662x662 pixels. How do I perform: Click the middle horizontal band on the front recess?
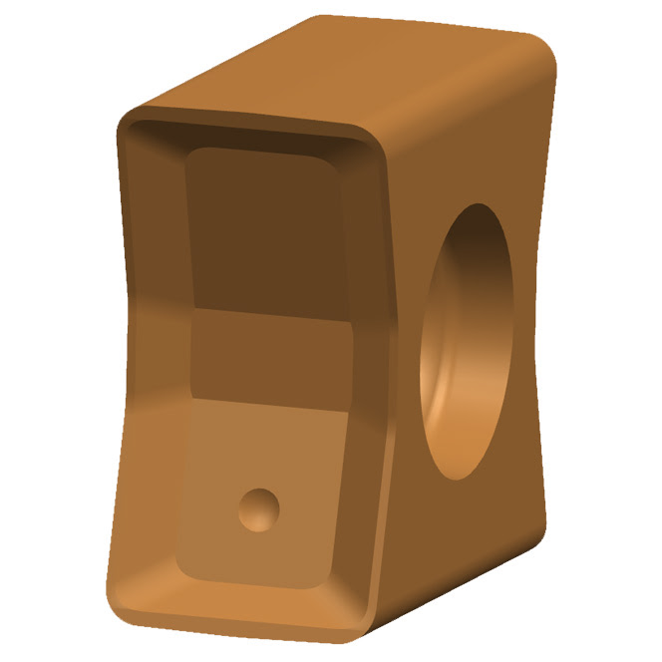click(x=271, y=350)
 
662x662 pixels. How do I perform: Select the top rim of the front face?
click(x=249, y=123)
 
